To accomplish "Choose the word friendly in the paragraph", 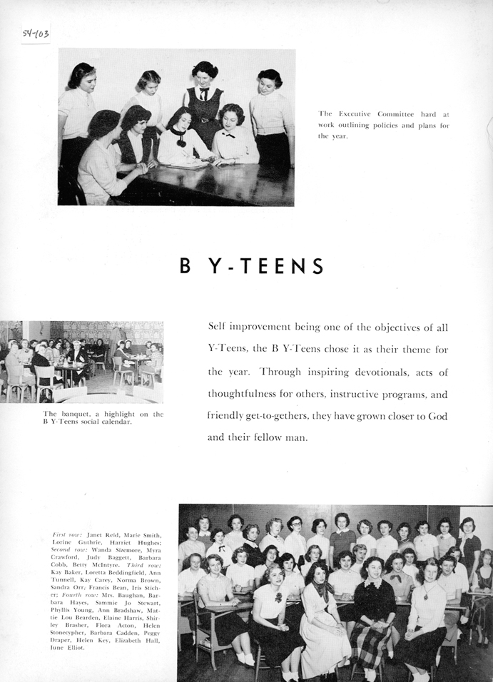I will coord(230,415).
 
